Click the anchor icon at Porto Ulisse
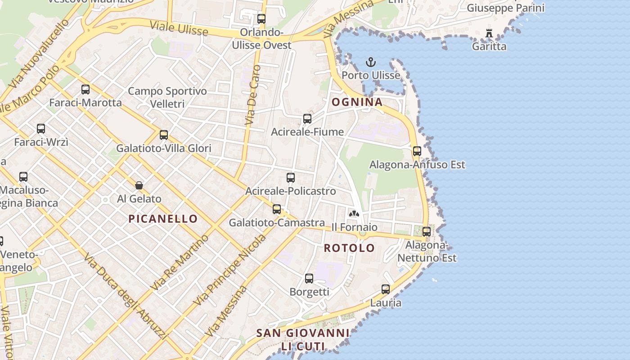click(x=371, y=62)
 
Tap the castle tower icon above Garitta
click(x=489, y=33)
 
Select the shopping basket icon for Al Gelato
click(x=139, y=185)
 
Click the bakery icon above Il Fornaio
click(x=354, y=213)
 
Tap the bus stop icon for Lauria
click(x=386, y=289)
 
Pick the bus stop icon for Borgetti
click(x=309, y=278)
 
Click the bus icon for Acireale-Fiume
click(x=307, y=119)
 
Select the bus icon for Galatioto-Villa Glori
click(x=164, y=135)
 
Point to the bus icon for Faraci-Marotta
click(x=85, y=89)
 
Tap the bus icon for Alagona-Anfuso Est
click(x=417, y=151)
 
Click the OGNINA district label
click(x=357, y=102)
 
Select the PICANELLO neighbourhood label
click(x=163, y=219)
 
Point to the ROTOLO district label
click(x=349, y=248)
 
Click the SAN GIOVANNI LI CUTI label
click(x=303, y=340)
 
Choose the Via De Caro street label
click(x=253, y=95)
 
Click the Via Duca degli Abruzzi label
click(x=126, y=296)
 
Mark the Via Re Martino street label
click(x=180, y=262)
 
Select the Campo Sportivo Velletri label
click(x=167, y=97)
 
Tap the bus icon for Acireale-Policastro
click(x=291, y=178)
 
